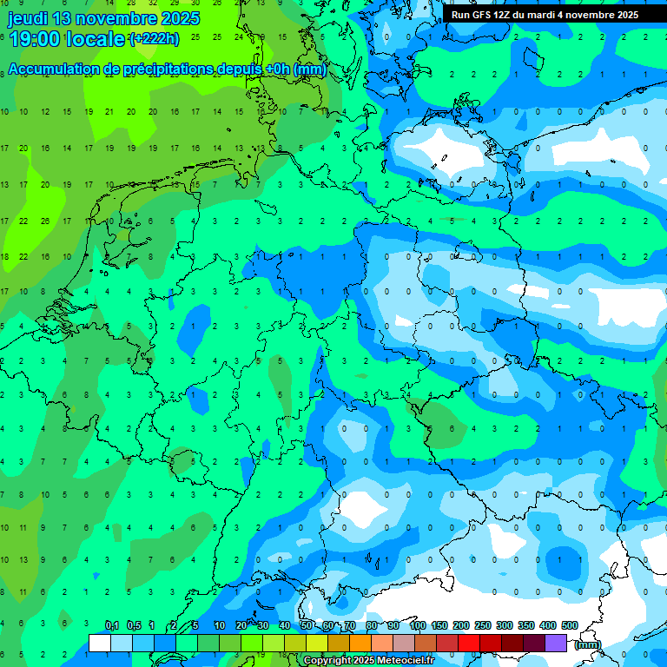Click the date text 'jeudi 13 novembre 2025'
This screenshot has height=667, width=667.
(x=103, y=18)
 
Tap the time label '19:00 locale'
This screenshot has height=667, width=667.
(x=66, y=38)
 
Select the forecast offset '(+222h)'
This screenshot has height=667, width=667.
(x=154, y=39)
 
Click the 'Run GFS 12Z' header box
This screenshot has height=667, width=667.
(x=545, y=15)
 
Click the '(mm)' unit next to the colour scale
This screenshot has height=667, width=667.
(x=588, y=644)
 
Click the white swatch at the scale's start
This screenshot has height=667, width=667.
(x=100, y=643)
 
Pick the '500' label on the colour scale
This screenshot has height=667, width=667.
(x=570, y=626)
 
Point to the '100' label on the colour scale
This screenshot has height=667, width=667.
(x=418, y=626)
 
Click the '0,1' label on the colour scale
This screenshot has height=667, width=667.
(x=112, y=626)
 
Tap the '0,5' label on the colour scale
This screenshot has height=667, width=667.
(x=134, y=626)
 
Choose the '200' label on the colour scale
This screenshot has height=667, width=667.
(x=461, y=626)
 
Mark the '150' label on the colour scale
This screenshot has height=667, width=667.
(x=439, y=626)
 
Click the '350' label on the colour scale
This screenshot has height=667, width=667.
(x=526, y=626)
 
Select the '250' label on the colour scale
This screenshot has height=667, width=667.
(x=483, y=626)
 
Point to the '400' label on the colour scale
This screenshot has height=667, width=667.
(x=548, y=626)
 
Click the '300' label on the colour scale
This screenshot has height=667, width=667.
(x=505, y=626)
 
